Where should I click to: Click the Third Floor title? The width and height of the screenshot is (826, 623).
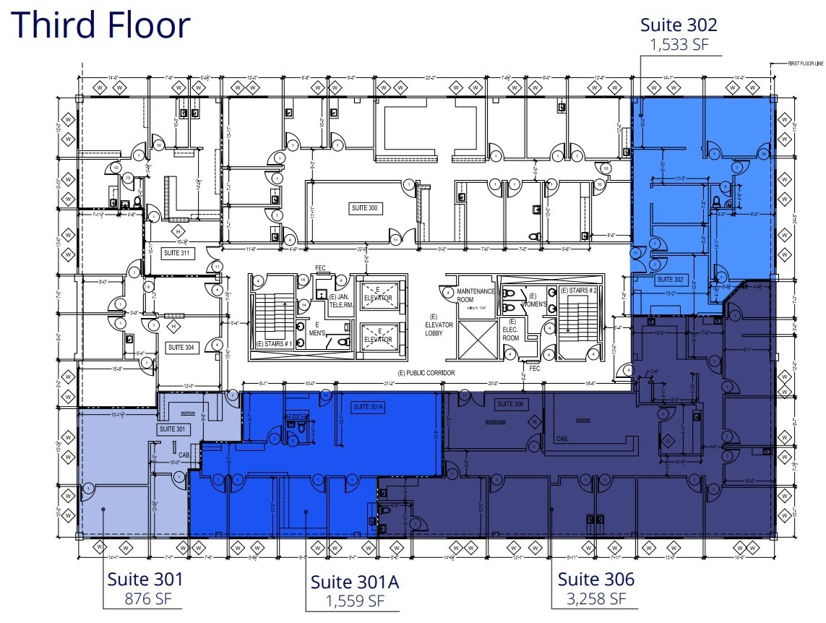[100, 25]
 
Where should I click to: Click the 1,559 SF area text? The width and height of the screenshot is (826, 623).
[355, 601]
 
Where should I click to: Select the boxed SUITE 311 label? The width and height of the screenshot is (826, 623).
[176, 253]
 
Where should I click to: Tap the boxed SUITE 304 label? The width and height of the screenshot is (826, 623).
[181, 348]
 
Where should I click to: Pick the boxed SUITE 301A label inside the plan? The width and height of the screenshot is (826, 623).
[369, 408]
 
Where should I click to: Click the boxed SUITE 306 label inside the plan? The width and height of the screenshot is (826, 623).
[509, 403]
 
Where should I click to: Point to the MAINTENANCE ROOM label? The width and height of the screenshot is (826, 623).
[475, 296]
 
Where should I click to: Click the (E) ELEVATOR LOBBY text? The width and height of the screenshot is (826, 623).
[439, 325]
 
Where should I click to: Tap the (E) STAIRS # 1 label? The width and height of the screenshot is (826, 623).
[274, 344]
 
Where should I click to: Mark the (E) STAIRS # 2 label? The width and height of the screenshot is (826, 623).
[579, 291]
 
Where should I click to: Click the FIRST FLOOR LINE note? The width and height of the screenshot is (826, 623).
[806, 64]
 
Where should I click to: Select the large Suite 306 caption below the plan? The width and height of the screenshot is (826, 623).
[595, 579]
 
